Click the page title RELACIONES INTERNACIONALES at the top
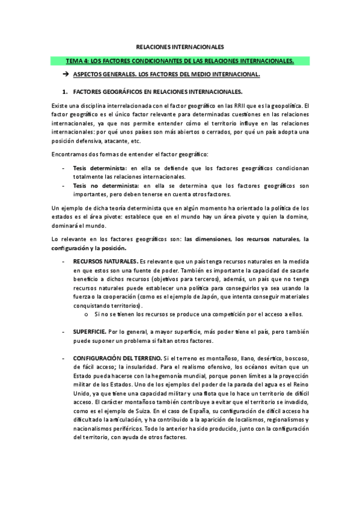(180, 46)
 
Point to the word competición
(221, 315)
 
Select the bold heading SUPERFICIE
(90, 332)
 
